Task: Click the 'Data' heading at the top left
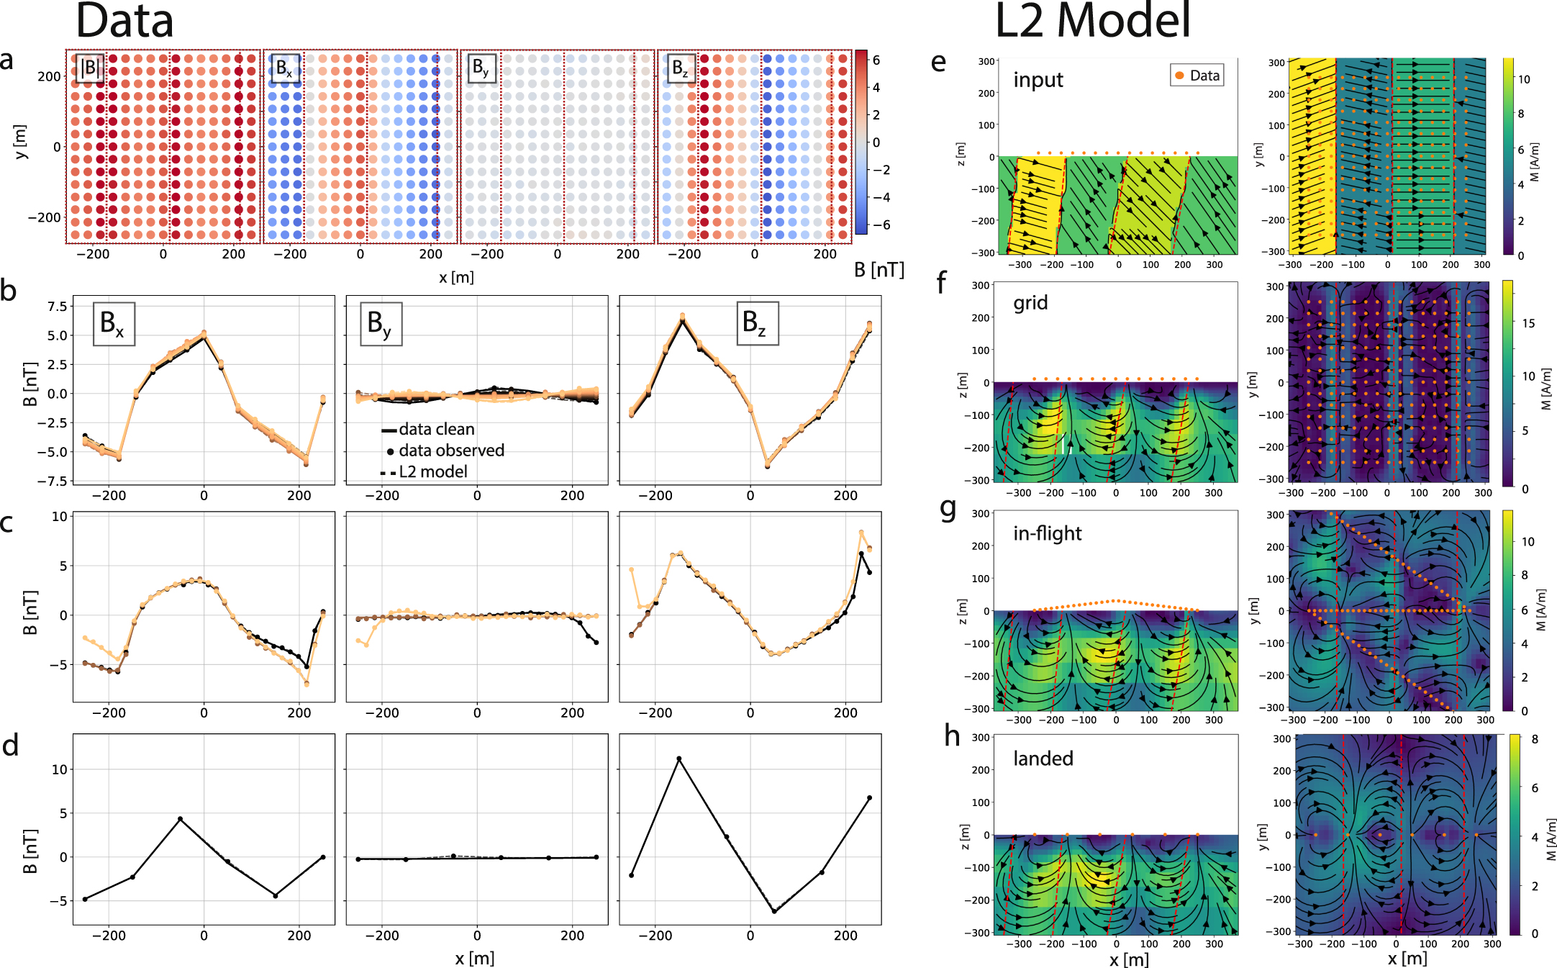tap(124, 22)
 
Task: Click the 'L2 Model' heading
tap(1092, 22)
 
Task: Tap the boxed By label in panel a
tap(481, 68)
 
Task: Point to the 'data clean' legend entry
tap(436, 430)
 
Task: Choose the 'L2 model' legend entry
tap(432, 472)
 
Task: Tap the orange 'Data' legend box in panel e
tap(1197, 76)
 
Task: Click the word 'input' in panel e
tap(1038, 79)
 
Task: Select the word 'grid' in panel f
tap(1030, 302)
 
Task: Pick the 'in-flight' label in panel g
tap(1047, 533)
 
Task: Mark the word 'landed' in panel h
tap(1043, 759)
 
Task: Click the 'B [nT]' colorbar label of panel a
tap(879, 270)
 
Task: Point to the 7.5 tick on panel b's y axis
tap(57, 307)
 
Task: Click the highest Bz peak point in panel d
tap(678, 759)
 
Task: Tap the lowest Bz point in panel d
tap(774, 912)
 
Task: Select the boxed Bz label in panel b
tap(754, 323)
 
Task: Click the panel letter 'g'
tap(948, 510)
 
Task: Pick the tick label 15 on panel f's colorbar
tap(1528, 323)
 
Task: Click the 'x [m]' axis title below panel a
tap(456, 277)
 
